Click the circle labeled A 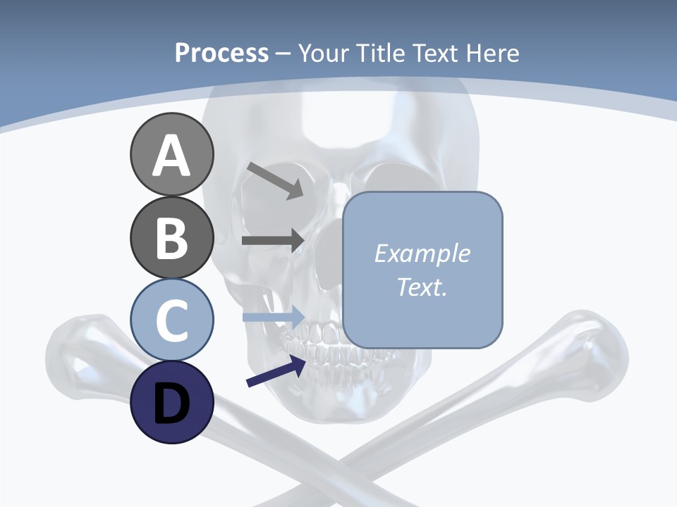171,155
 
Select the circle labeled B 171,238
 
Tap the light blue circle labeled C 171,320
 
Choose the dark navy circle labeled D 171,402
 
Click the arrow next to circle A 275,180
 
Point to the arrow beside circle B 272,240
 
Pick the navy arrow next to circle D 276,372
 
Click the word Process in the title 221,53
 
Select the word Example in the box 422,254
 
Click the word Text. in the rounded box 422,287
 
